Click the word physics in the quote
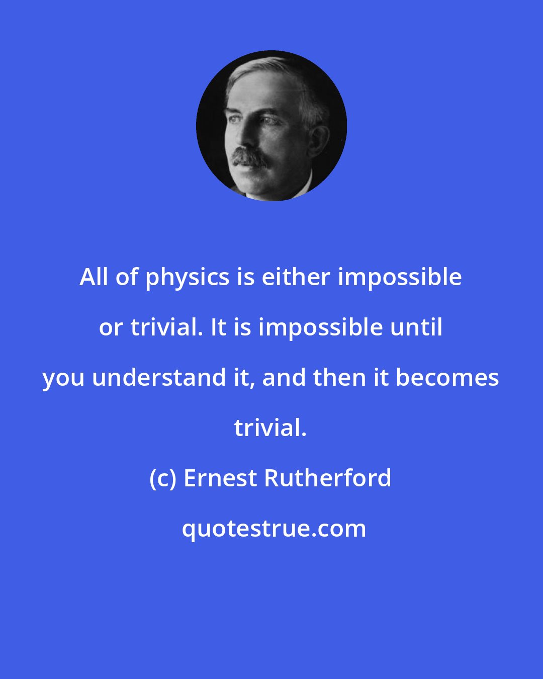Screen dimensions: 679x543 (188, 278)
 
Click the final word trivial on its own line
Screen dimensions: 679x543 (270, 428)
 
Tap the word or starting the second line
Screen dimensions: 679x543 (111, 328)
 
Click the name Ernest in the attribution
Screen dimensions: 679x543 (220, 478)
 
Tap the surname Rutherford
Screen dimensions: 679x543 (328, 478)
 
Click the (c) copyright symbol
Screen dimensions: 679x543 (163, 478)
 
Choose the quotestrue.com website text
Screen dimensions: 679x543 (274, 529)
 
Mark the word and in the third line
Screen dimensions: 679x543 (284, 377)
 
